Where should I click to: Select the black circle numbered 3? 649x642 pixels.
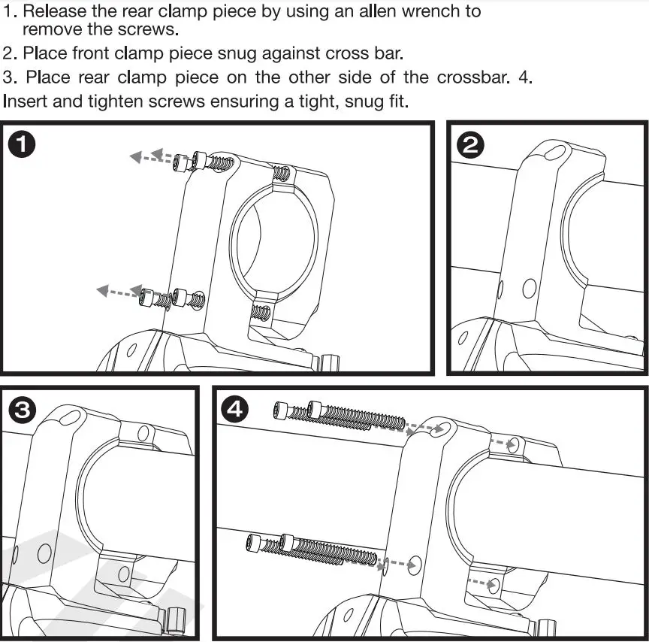(23, 410)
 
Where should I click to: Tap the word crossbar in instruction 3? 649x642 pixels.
(469, 77)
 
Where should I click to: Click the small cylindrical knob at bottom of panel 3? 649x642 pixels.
(176, 622)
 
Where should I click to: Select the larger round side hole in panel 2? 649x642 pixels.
(529, 287)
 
